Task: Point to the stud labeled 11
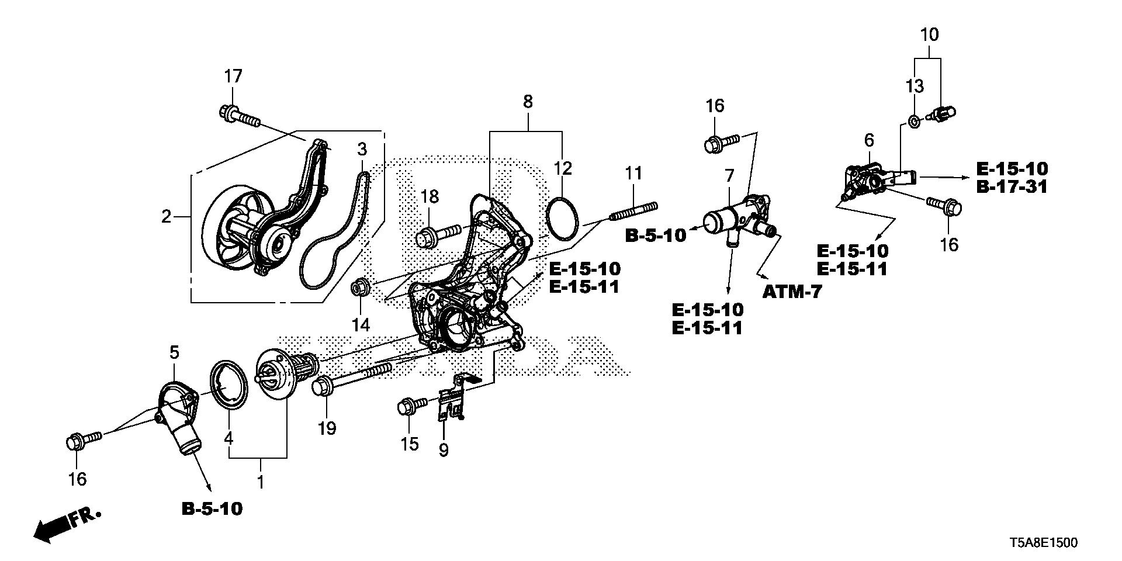click(x=633, y=212)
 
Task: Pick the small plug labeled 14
click(x=358, y=288)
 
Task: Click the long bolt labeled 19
click(x=351, y=378)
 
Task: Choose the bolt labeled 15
click(x=412, y=405)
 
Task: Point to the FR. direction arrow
click(x=67, y=522)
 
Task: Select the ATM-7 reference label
click(x=792, y=291)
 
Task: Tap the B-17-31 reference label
click(x=1012, y=187)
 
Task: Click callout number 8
click(x=528, y=102)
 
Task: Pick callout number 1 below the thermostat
click(x=261, y=482)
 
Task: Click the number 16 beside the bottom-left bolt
click(x=77, y=479)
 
